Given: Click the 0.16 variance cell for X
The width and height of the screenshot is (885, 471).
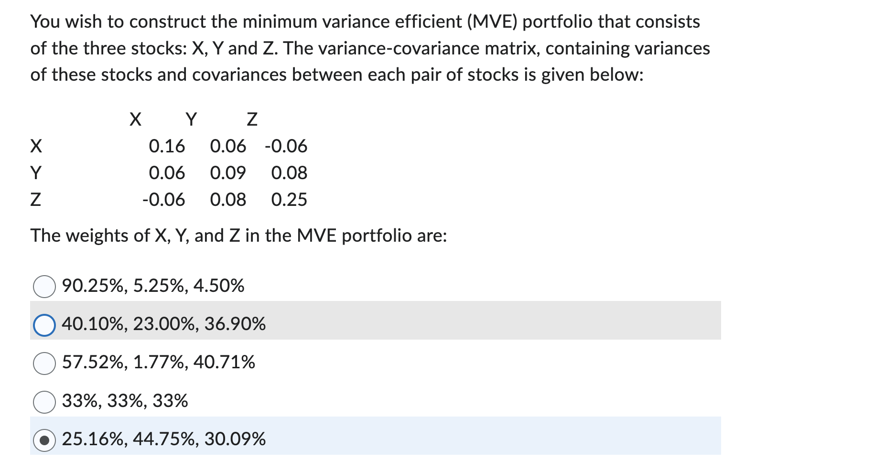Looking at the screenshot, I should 167,146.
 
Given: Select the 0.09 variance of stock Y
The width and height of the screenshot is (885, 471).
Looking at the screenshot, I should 228,173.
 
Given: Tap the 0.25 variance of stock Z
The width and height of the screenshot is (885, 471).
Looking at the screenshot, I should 289,200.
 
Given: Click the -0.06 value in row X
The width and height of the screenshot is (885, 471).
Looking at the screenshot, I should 286,146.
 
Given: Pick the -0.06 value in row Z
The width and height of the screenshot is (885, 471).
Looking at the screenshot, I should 163,200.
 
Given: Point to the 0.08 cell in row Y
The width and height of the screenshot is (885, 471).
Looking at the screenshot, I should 289,173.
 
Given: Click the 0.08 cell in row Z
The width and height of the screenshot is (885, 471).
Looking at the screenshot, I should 228,200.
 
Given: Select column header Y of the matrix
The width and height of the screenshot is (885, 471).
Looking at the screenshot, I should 191,119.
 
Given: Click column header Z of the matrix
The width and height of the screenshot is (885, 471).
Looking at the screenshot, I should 252,119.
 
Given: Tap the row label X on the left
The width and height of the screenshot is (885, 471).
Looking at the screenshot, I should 36,146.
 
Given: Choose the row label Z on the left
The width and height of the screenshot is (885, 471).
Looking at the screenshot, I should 36,200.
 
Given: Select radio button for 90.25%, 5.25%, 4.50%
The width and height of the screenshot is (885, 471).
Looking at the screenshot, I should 44,287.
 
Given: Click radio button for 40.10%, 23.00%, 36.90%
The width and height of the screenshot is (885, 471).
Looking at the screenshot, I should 44,325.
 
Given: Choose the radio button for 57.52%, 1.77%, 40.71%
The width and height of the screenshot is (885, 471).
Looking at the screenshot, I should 44,363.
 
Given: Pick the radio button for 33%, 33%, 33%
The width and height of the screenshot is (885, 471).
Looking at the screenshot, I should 44,401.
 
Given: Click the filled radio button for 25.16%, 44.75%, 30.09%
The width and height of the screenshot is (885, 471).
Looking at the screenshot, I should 44,440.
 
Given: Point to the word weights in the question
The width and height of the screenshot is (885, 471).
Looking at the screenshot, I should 97,236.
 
